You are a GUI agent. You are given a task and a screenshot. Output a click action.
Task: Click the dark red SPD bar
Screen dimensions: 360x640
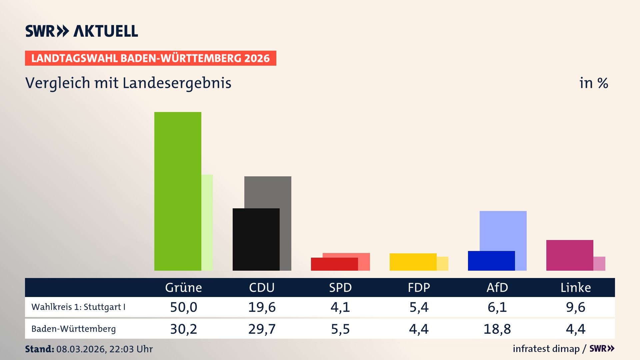[334, 264]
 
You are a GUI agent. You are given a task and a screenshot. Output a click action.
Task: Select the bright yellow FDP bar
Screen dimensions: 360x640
[413, 262]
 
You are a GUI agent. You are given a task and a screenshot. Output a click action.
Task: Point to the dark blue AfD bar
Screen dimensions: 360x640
[491, 261]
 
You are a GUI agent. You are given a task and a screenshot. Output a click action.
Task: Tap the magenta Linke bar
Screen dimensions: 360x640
[570, 255]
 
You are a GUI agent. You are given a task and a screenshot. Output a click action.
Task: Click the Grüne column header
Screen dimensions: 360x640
[183, 288]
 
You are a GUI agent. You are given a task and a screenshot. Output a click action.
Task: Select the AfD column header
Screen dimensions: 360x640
[497, 288]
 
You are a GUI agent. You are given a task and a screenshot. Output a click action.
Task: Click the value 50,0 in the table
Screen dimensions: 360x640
[183, 307]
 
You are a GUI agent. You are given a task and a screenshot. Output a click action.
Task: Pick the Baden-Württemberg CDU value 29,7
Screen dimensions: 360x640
[262, 329]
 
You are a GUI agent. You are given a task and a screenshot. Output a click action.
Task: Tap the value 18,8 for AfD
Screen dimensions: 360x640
[497, 329]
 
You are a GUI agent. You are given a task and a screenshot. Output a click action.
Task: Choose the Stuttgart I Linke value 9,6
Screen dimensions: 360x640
[575, 307]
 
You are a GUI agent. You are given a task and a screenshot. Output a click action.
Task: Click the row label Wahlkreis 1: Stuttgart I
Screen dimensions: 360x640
[78, 307]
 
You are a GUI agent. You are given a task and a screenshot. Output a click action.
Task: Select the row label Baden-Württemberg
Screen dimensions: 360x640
[74, 329]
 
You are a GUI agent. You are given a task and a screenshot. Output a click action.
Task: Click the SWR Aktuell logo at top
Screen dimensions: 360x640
[82, 31]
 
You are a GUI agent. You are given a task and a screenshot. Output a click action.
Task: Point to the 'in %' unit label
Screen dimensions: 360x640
[593, 83]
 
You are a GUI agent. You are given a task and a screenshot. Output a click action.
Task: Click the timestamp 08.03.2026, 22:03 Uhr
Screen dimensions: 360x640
[104, 349]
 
